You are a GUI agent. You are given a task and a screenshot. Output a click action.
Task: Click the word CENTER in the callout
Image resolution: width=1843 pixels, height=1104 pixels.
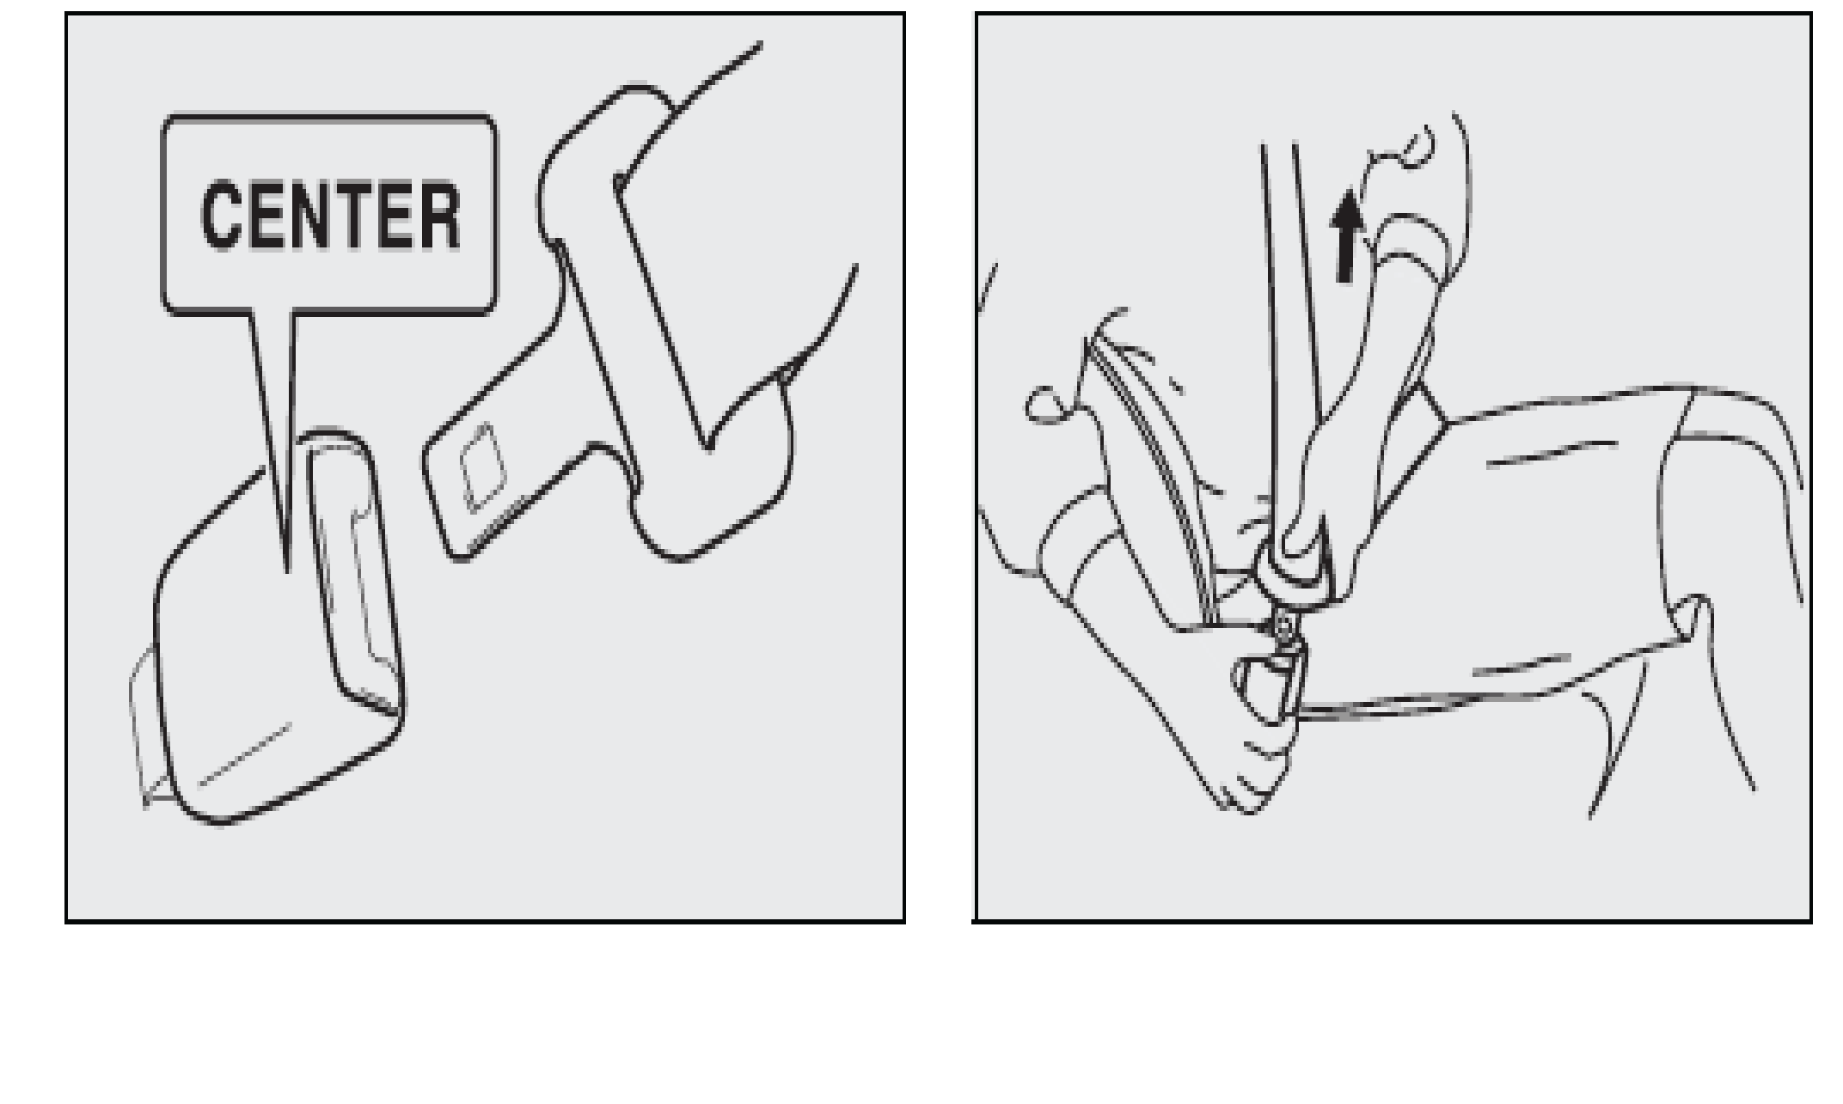point(330,215)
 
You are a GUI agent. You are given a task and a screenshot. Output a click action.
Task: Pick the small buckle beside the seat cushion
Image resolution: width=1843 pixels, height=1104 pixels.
point(1269,687)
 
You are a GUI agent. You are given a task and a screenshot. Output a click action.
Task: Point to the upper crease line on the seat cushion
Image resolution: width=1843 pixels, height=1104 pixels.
point(1552,454)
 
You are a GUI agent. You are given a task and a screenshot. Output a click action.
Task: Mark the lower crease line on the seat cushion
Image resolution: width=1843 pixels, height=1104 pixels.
point(1522,666)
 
